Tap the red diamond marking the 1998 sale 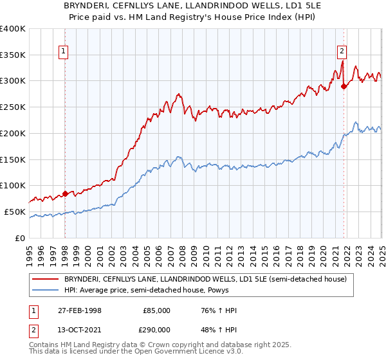pyautogui.click(x=65, y=194)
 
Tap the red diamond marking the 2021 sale pyautogui.click(x=344, y=85)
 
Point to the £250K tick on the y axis pyautogui.click(x=13, y=107)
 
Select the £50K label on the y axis pyautogui.click(x=15, y=212)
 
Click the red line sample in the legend pyautogui.click(x=45, y=279)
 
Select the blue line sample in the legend pyautogui.click(x=45, y=290)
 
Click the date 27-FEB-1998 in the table pyautogui.click(x=80, y=310)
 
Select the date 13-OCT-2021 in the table pyautogui.click(x=80, y=330)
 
